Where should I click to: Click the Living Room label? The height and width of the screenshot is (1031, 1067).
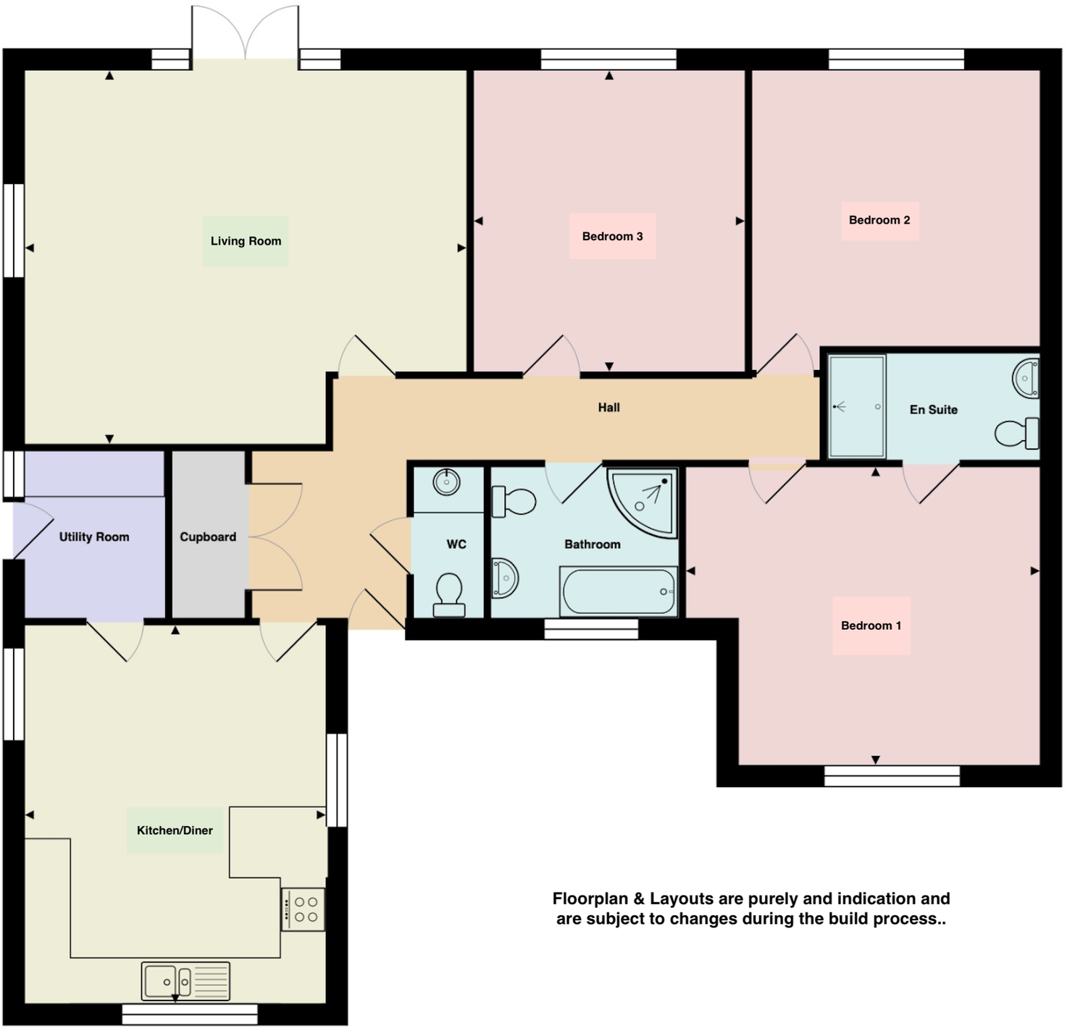coord(246,241)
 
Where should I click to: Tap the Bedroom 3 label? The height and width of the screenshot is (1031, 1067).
coord(612,236)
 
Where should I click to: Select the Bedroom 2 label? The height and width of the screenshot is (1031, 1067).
coord(879,220)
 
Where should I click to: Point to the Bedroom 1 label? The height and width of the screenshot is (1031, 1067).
coord(871,626)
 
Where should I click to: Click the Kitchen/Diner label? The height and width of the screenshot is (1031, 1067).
coord(175,830)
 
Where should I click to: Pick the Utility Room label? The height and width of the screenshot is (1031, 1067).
coord(94,536)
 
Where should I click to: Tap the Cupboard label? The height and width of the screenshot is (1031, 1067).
coord(208,536)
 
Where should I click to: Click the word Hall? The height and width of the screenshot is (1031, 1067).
coord(608,408)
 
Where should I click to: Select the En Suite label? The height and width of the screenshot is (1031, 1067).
coord(933,410)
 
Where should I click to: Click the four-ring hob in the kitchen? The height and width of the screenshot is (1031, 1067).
coord(303,909)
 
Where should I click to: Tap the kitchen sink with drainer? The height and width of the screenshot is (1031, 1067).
coord(185,981)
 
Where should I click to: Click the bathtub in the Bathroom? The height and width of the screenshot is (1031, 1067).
coord(619,592)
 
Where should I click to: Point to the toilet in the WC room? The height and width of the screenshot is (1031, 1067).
coord(449,594)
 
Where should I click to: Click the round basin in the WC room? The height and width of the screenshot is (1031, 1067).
coord(447,481)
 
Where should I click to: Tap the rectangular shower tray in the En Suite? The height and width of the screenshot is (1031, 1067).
coord(856,406)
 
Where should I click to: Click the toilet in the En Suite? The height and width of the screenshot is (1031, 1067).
coord(1017,434)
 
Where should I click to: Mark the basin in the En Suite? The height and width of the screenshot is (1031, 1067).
coord(1026,377)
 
